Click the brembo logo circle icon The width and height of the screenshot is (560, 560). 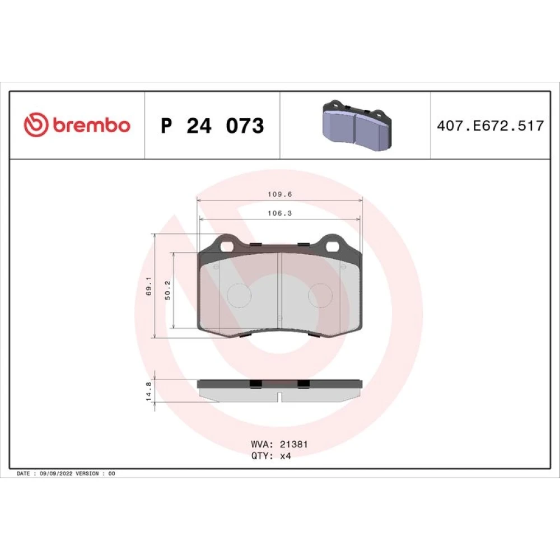pos(36,125)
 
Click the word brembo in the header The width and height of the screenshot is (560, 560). pos(92,125)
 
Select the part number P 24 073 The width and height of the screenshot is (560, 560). pos(212,125)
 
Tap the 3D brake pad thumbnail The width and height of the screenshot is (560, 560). pos(357,125)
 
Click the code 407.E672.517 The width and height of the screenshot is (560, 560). pos(491,125)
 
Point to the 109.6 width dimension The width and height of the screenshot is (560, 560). pos(280,194)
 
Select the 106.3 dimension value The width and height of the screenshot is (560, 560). pos(280,213)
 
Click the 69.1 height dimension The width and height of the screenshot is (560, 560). pos(149,286)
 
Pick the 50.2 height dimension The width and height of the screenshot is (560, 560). pos(168,290)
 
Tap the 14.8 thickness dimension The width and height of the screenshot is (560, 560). pos(149,391)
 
